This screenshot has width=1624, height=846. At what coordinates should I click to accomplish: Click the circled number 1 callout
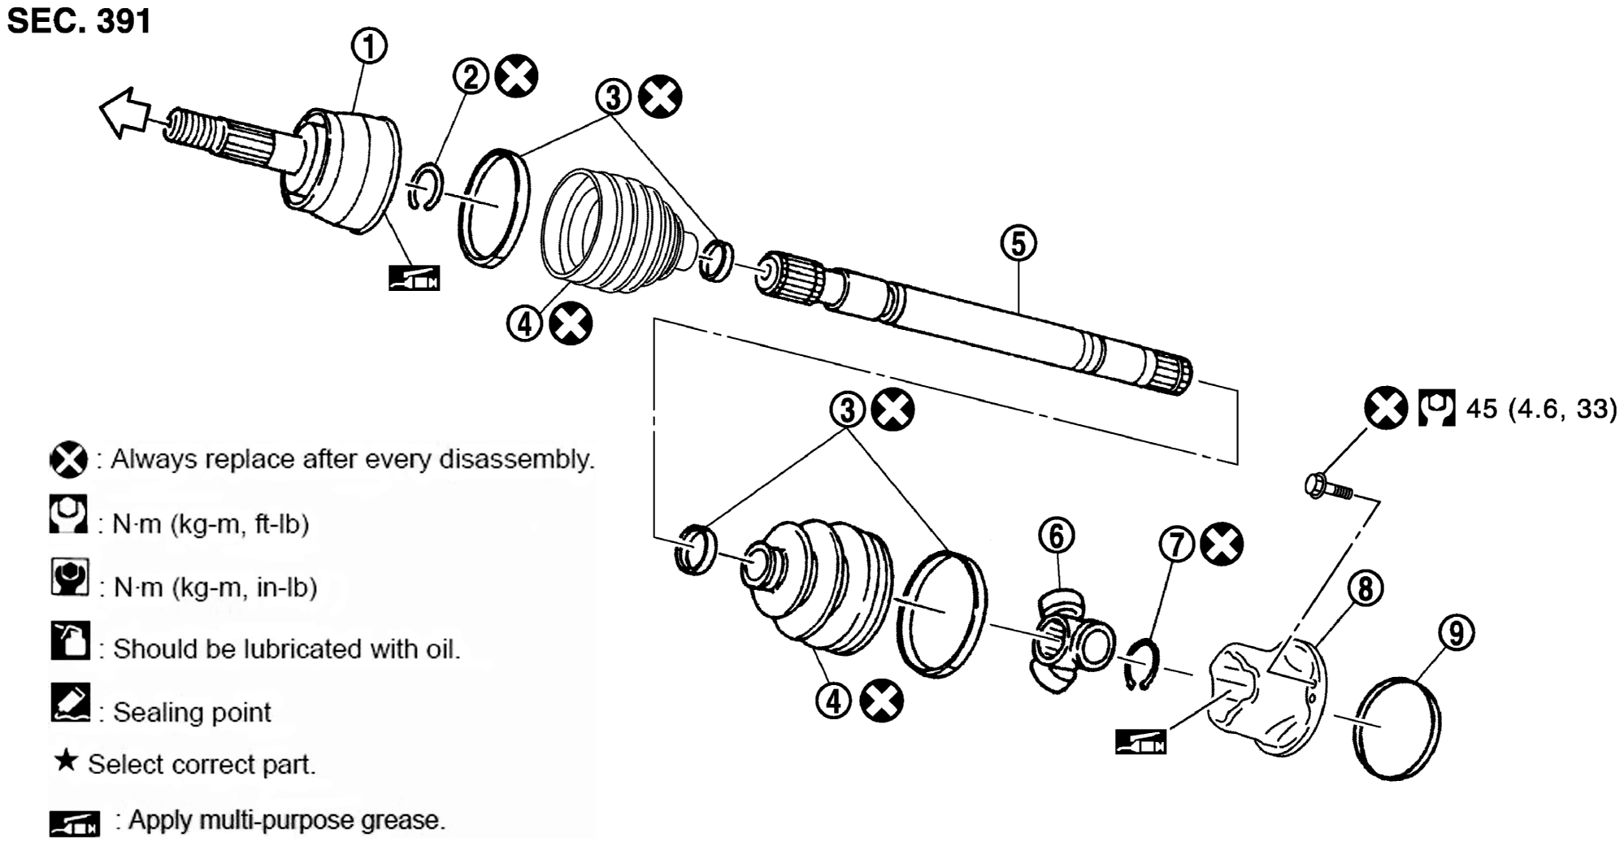click(x=368, y=46)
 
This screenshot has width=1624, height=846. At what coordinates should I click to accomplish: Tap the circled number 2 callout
click(x=471, y=76)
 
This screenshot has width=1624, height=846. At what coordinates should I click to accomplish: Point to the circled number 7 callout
click(x=1177, y=545)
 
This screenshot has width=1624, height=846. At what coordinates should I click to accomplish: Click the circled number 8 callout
click(x=1365, y=588)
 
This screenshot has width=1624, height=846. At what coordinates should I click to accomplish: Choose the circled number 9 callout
click(x=1456, y=632)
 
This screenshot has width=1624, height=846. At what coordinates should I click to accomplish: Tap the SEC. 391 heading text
click(x=79, y=20)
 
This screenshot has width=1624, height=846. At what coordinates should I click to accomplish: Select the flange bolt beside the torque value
click(x=1328, y=486)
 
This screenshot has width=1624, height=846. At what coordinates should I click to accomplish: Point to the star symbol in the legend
click(x=66, y=761)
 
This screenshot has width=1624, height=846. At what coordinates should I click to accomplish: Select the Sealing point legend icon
click(x=70, y=702)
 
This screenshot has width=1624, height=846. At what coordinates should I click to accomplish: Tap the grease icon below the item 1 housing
click(x=414, y=278)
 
